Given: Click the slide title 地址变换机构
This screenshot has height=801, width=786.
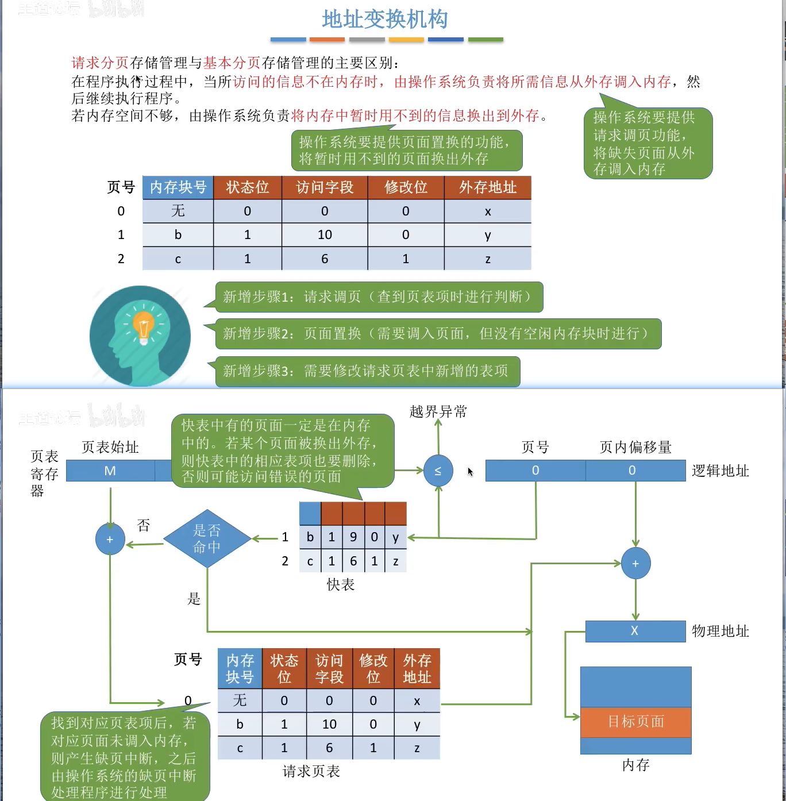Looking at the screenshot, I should click(384, 20).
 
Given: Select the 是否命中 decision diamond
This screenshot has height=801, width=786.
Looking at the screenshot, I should click(207, 538).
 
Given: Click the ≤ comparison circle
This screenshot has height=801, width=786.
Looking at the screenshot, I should click(438, 471).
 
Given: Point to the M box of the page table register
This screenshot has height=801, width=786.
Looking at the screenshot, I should click(110, 471).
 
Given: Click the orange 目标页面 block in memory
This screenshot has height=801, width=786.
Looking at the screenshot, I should click(635, 722).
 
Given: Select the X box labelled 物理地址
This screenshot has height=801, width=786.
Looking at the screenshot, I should click(635, 631).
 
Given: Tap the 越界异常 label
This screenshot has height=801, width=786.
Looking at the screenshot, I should click(438, 411).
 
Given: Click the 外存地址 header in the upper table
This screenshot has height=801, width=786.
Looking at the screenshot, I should click(487, 187).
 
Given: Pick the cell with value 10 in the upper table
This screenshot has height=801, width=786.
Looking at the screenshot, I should click(325, 234).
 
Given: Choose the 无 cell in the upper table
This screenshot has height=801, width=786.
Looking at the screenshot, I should click(178, 211).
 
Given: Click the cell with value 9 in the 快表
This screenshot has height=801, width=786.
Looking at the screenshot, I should click(353, 537).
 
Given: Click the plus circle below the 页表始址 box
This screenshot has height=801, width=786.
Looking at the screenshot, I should click(110, 539).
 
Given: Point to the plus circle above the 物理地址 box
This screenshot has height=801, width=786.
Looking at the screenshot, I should click(635, 564).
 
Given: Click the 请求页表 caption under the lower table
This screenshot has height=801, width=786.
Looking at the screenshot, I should click(311, 771).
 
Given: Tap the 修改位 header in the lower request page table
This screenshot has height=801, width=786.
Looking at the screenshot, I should click(373, 668).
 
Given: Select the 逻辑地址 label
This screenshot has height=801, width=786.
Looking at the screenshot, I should click(720, 471).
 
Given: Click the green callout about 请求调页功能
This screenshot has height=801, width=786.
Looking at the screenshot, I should click(648, 143).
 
